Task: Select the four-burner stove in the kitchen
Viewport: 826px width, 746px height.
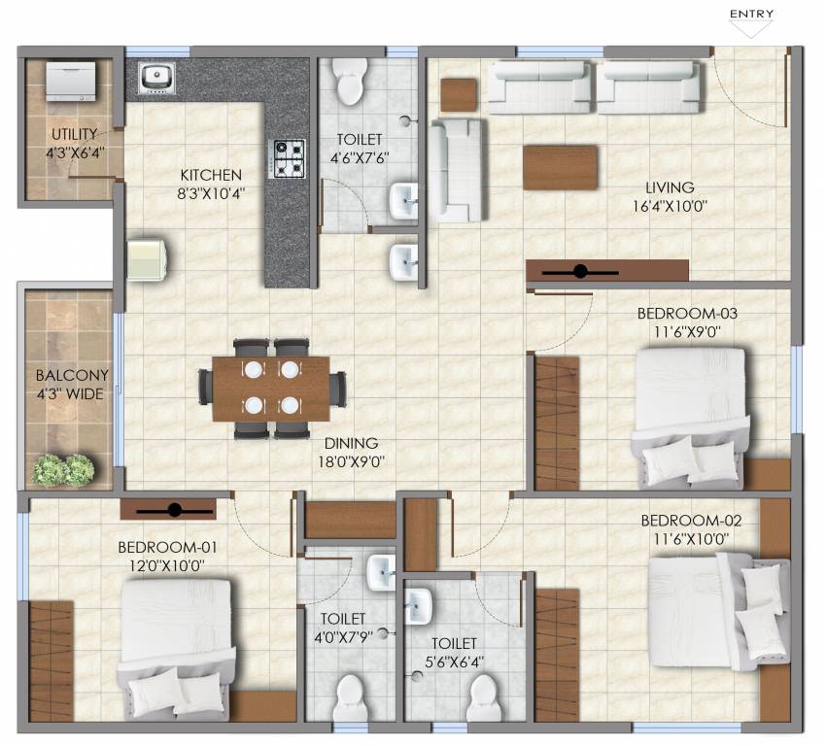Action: pos(287,159)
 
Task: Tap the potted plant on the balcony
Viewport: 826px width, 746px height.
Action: pos(64,469)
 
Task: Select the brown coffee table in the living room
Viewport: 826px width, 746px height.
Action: pos(561,167)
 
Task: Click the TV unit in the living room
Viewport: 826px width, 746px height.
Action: pos(607,271)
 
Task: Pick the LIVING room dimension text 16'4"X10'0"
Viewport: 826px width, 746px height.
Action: pos(670,206)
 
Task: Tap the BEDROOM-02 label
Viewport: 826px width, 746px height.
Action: pos(684,520)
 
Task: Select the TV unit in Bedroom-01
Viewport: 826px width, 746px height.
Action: pos(168,510)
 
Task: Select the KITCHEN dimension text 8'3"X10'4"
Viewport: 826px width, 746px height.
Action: pos(211,193)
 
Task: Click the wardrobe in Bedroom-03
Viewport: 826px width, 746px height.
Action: pos(557,423)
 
